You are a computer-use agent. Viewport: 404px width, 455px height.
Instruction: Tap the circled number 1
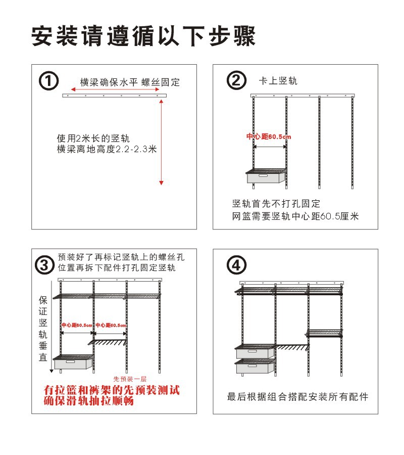tap(49, 81)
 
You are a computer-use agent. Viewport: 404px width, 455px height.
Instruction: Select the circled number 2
tap(236, 81)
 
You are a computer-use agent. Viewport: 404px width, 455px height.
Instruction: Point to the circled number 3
tap(44, 264)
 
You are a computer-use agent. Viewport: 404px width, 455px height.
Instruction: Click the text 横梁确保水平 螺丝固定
tap(130, 82)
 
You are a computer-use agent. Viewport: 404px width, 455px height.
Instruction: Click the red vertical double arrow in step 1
tap(161, 142)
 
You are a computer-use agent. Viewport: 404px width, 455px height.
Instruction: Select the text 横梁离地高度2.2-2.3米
tap(107, 150)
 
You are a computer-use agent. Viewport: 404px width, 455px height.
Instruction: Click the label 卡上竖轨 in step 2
tap(278, 81)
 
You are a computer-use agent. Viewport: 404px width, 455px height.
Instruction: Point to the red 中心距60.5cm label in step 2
tap(269, 137)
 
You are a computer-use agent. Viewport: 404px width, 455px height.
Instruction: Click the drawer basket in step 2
tap(266, 177)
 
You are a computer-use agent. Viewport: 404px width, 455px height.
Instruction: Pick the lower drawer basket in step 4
tap(255, 366)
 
